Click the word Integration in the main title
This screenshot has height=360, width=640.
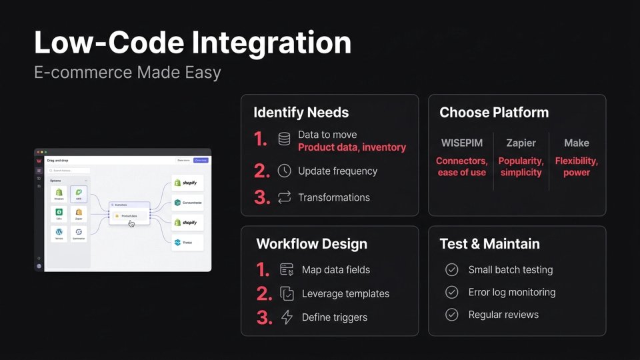pos(272,43)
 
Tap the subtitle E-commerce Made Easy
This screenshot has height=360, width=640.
pos(127,72)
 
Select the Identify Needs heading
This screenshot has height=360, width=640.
pos(301,112)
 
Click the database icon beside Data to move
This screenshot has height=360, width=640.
pos(284,139)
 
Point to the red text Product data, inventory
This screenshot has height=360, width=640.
pos(351,147)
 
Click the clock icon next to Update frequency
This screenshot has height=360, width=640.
pos(284,171)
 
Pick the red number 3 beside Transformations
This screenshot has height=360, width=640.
pos(262,197)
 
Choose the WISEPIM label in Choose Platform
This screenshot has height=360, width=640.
pos(462,143)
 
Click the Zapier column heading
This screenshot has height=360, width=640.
pos(521,143)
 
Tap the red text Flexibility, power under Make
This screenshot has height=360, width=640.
pos(577,167)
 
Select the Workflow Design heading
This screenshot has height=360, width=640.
pos(311,243)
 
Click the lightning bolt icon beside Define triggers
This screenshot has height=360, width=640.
pos(287,317)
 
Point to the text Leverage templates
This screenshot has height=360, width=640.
pos(345,293)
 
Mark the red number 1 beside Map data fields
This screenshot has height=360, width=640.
pos(263,270)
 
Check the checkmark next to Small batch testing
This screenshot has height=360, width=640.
pos(452,270)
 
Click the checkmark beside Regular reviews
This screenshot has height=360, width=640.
pos(452,315)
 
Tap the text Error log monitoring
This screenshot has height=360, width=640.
pos(511,292)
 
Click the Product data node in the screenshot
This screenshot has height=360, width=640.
pos(129,216)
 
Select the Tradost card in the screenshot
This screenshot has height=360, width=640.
pos(187,242)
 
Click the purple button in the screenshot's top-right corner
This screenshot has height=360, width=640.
pos(201,160)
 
